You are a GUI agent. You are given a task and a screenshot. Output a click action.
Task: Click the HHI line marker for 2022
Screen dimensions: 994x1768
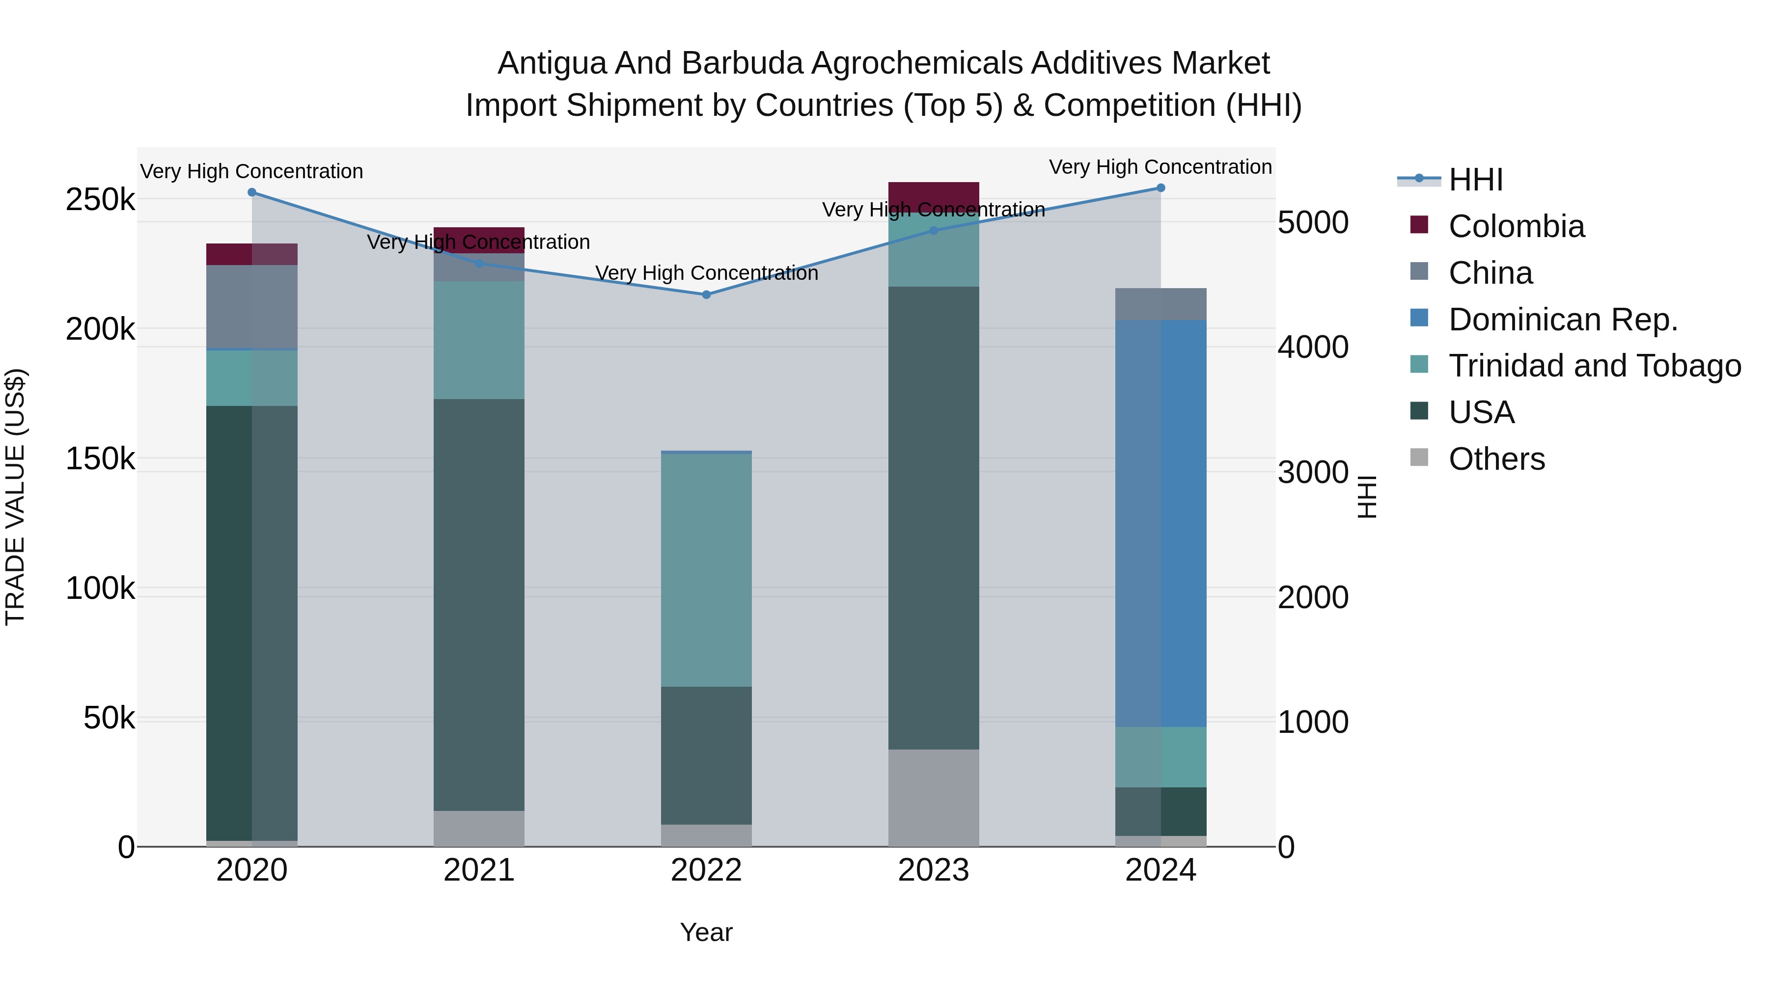tap(706, 295)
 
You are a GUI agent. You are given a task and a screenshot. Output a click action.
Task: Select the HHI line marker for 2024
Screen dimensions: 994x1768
tap(1160, 188)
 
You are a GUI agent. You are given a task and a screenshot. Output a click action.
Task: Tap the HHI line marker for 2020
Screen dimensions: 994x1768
tap(252, 193)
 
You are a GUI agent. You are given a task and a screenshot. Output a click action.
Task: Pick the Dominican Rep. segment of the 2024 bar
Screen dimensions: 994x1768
tap(1160, 523)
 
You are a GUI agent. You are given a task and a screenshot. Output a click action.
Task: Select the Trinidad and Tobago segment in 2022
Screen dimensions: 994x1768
tap(706, 569)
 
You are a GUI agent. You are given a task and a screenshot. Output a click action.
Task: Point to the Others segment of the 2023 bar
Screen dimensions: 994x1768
tap(934, 797)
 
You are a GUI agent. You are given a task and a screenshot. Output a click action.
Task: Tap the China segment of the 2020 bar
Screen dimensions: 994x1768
tap(252, 307)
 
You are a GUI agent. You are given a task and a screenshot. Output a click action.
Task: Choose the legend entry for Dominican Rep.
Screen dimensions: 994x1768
tap(1562, 320)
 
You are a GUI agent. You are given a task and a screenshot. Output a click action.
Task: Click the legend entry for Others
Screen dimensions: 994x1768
tap(1496, 459)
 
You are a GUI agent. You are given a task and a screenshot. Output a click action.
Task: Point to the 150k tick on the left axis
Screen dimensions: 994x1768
tap(100, 459)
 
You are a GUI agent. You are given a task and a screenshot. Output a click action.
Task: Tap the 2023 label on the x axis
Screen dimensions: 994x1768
tap(934, 870)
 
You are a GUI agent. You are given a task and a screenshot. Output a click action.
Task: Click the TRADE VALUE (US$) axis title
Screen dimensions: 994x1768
tap(16, 497)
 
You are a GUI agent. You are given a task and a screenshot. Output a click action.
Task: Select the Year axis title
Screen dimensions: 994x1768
tap(706, 932)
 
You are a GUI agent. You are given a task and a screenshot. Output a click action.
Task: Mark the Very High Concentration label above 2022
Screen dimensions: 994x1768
tap(706, 273)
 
